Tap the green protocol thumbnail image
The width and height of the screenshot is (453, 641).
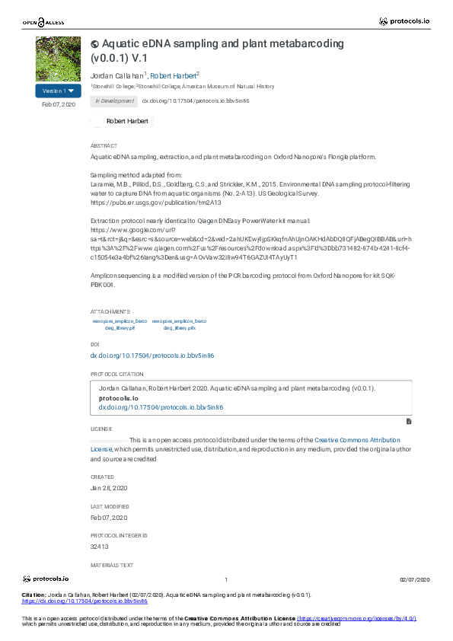(x=58, y=59)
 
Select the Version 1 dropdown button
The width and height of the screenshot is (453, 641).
(x=58, y=91)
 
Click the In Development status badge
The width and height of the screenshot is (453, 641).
(x=113, y=100)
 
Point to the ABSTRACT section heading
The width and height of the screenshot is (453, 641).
(x=104, y=145)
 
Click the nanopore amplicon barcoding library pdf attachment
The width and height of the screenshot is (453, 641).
(x=120, y=324)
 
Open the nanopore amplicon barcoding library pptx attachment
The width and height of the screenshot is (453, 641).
(x=180, y=324)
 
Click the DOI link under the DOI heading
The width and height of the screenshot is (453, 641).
(x=152, y=356)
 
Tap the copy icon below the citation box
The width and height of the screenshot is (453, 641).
(x=409, y=420)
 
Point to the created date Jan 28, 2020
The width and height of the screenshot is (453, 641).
(x=108, y=487)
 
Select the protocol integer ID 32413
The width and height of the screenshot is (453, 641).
(x=100, y=546)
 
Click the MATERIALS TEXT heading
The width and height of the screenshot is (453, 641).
(x=111, y=566)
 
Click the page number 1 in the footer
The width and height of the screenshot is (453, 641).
(x=226, y=580)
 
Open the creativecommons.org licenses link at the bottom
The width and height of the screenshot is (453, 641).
(x=356, y=619)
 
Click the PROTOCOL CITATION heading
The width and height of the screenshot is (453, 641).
(x=116, y=375)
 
